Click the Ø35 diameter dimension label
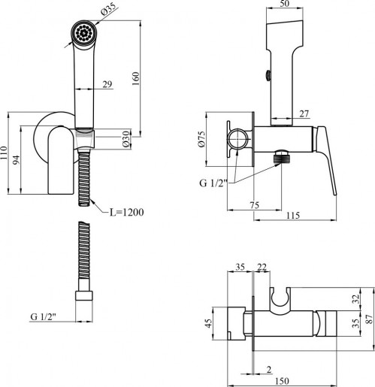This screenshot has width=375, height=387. coord(109,10)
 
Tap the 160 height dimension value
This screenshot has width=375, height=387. coord(135,79)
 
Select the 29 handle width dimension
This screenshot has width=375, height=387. coord(107,84)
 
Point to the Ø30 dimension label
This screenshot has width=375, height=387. coord(127,139)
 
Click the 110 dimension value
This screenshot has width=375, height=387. coord(5,153)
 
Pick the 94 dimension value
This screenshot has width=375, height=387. coord(16,160)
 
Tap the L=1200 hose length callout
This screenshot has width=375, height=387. coord(127,212)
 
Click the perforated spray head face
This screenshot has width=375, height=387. coord(83,32)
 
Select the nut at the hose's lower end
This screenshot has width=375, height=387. coord(84,295)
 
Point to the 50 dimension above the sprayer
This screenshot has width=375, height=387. coord(285,3)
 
